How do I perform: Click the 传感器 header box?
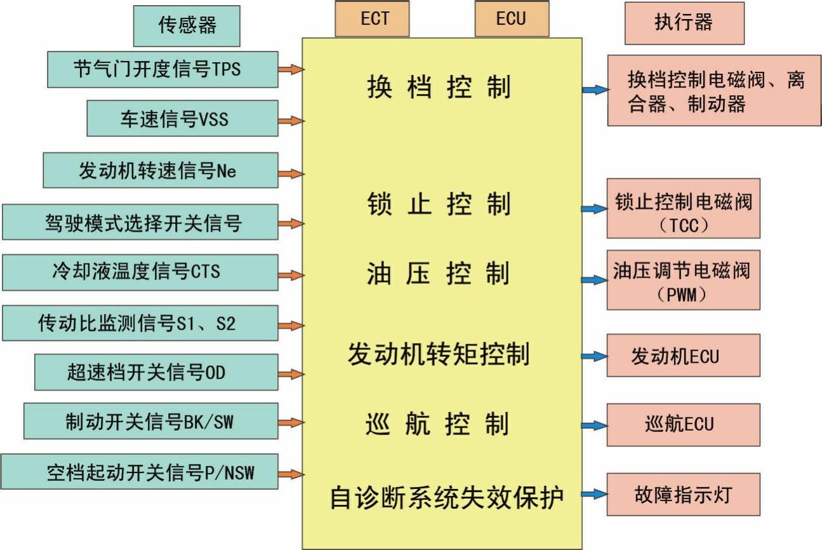pos(187,26)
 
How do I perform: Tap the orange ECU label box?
pos(511,19)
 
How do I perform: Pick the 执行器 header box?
pos(684,23)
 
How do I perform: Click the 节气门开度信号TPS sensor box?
pos(162,69)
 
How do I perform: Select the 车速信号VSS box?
pos(182,119)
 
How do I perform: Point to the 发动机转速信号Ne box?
pos(161,170)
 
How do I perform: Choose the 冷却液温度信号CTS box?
pos(140,272)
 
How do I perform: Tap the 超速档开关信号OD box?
pos(156,372)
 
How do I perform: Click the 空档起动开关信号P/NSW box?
pos(140,471)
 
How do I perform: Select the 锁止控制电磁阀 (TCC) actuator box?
pos(683,208)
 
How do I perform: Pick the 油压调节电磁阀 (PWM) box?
pos(683,279)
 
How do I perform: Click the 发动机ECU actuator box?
pos(683,356)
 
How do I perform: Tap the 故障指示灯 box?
pos(683,494)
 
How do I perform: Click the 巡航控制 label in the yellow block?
pos(438,424)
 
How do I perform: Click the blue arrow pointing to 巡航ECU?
pos(594,426)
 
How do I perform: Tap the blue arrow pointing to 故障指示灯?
pos(594,494)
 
